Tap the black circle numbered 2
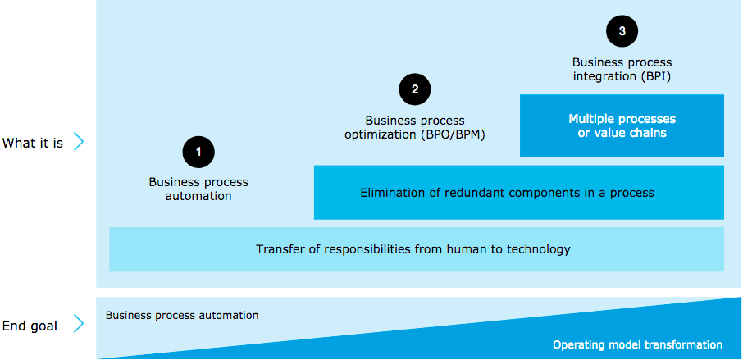pos(415,89)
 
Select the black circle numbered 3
pos(622,31)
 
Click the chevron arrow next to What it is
pos(79,143)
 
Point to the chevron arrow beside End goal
pos(79,325)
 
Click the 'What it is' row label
pos(33,143)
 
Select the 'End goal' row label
pos(30,326)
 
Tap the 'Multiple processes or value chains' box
pos(622,125)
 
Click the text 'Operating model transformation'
pos(637,345)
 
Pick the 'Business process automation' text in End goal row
pos(182,315)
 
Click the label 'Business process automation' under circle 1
pos(198,189)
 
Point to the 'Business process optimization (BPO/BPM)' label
pos(415,127)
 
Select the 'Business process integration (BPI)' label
pos(622,69)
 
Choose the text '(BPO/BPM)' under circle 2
pos(452,134)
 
